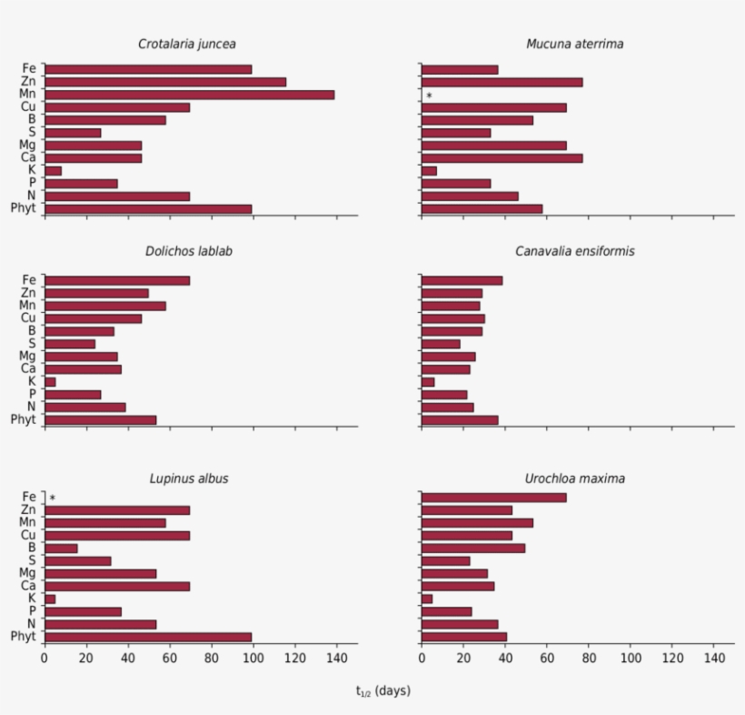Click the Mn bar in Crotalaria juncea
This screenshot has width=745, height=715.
[189, 95]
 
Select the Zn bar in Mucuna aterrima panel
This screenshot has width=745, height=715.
[502, 82]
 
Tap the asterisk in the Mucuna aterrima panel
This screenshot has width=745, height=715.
[429, 96]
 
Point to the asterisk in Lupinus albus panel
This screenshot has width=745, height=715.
[52, 498]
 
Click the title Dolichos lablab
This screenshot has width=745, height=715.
[188, 251]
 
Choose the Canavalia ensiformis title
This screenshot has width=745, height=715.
[574, 251]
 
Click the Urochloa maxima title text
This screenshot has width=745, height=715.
[574, 478]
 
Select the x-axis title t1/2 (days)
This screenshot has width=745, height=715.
[382, 691]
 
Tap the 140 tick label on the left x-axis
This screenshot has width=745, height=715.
[336, 659]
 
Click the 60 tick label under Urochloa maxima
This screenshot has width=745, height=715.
[547, 659]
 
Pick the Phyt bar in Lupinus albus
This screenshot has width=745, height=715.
[148, 637]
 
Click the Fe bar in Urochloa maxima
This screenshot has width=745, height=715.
[493, 498]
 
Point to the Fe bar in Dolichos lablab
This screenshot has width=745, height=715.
[117, 280]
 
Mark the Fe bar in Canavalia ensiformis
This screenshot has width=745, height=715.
[462, 280]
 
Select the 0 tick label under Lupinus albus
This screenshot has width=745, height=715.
[45, 659]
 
